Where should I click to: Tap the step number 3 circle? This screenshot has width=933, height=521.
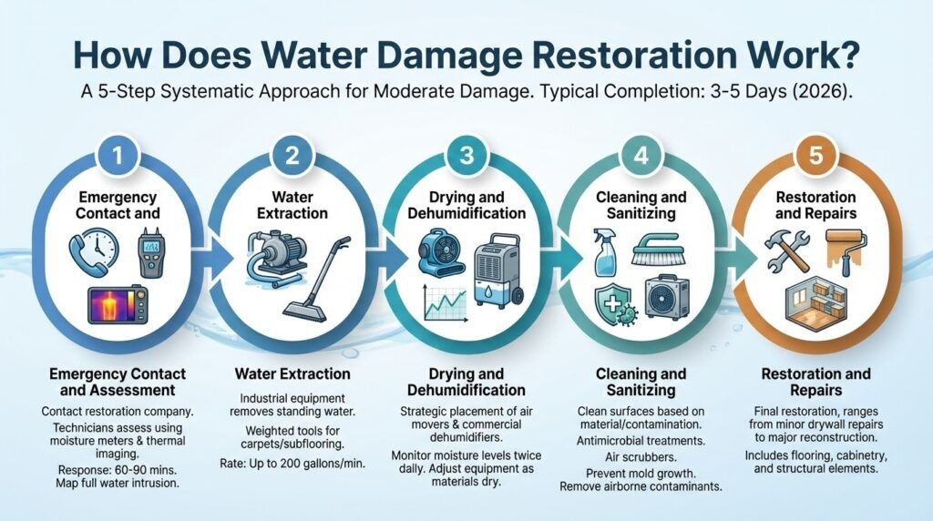pyautogui.click(x=466, y=156)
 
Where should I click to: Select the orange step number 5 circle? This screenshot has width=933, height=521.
pyautogui.click(x=815, y=156)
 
